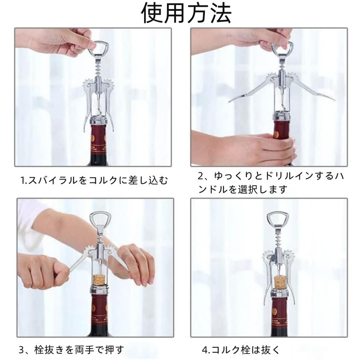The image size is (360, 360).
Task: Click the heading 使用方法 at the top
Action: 186,13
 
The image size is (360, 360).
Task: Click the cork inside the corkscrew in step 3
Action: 98,278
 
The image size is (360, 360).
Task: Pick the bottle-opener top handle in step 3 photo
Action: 99,220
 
